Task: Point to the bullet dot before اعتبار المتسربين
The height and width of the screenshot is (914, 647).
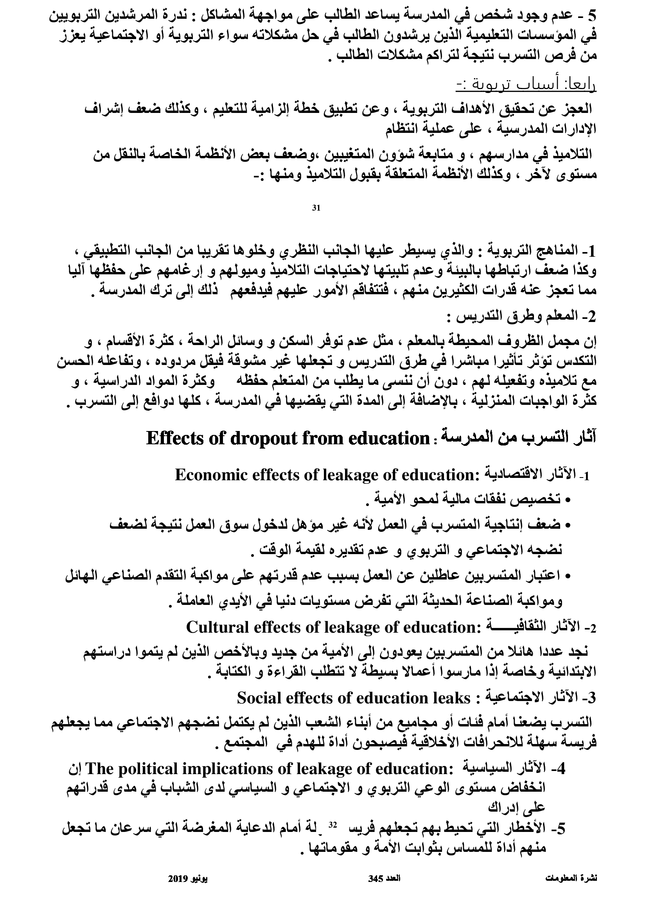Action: coord(568,575)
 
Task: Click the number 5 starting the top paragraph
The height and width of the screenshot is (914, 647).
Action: coord(592,16)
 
